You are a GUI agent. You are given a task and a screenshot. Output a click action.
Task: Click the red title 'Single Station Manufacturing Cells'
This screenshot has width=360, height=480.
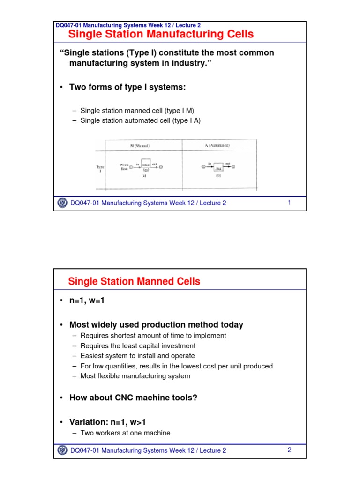point(161,34)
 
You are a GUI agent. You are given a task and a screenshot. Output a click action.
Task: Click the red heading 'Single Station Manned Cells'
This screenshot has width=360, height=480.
point(134,281)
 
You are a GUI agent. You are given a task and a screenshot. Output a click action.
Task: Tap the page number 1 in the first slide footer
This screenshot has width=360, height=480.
point(290,202)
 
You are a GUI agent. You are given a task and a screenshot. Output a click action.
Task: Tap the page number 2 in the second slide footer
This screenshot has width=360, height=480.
point(290,450)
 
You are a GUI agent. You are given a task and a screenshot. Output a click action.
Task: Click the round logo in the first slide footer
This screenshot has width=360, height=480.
point(62,203)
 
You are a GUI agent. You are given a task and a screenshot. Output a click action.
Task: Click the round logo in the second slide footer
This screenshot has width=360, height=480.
point(62,450)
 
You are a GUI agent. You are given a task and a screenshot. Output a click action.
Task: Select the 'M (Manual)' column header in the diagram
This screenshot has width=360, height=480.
point(139,146)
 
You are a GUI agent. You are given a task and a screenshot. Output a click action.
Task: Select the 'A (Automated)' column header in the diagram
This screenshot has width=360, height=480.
point(217,146)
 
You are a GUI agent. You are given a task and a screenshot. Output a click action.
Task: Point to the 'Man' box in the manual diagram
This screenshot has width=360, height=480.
point(145,166)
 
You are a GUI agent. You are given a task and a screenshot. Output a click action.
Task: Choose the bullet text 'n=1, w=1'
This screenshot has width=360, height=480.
point(87,300)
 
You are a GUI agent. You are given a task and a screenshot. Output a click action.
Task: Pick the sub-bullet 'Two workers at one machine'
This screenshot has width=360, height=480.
point(125,433)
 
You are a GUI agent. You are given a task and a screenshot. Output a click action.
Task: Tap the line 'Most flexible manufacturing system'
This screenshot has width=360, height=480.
point(135,376)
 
